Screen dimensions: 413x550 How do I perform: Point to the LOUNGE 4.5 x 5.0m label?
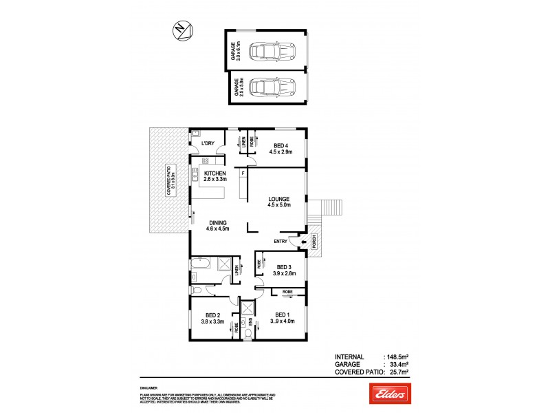point(280,202)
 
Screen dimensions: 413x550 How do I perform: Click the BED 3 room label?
point(284,270)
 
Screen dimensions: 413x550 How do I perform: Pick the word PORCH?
point(313,242)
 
